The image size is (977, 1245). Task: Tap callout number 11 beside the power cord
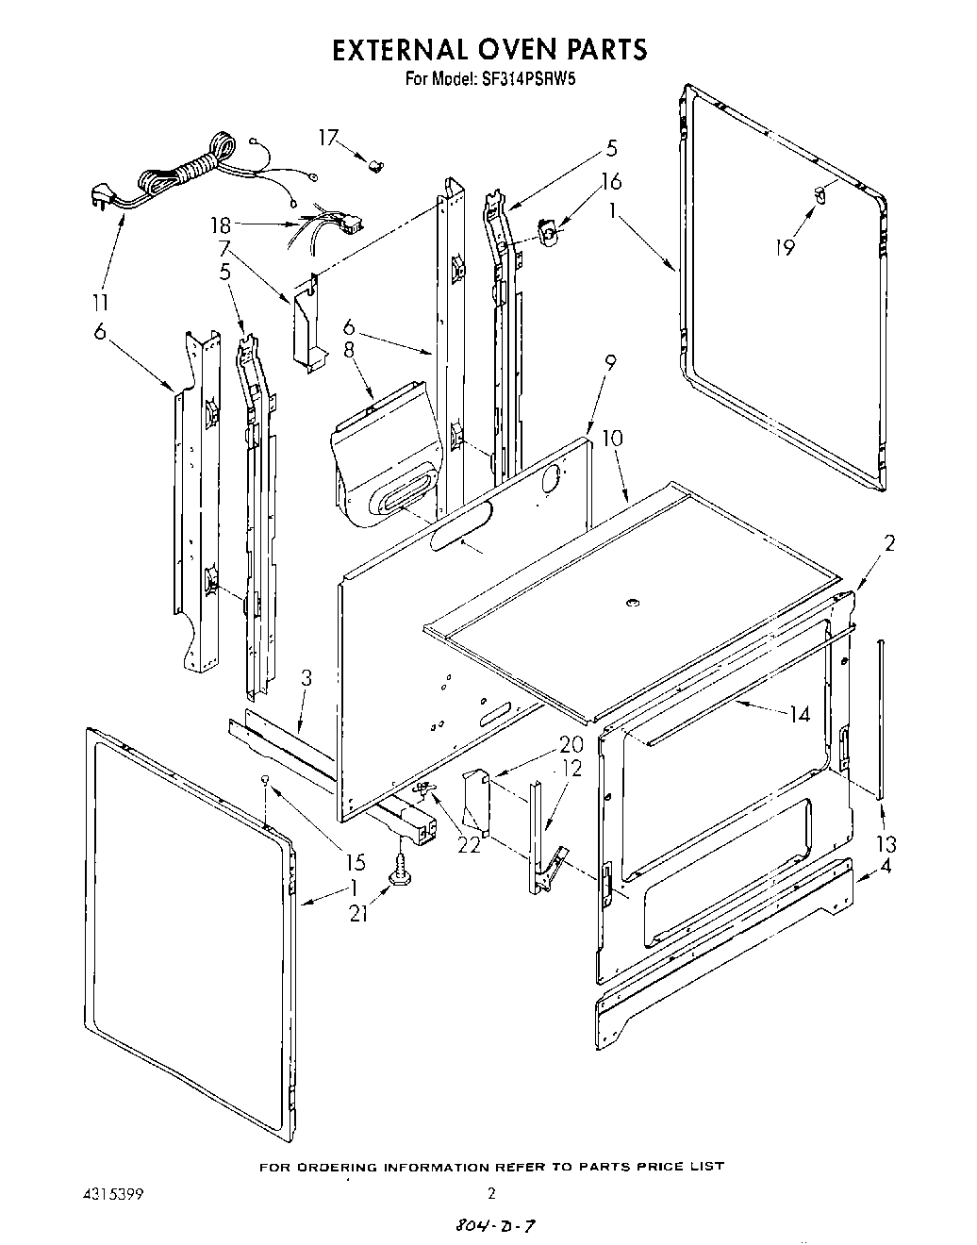pyautogui.click(x=100, y=303)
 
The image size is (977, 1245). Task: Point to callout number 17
pyautogui.click(x=327, y=138)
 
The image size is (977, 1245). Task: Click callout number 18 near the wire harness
pyautogui.click(x=220, y=225)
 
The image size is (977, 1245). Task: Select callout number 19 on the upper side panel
pyautogui.click(x=785, y=247)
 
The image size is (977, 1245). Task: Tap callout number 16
pyautogui.click(x=611, y=181)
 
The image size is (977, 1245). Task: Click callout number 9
pyautogui.click(x=611, y=360)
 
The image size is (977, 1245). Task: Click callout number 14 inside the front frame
pyautogui.click(x=799, y=714)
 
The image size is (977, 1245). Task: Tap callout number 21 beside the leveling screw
pyautogui.click(x=358, y=913)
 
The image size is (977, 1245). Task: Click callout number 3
pyautogui.click(x=306, y=678)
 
